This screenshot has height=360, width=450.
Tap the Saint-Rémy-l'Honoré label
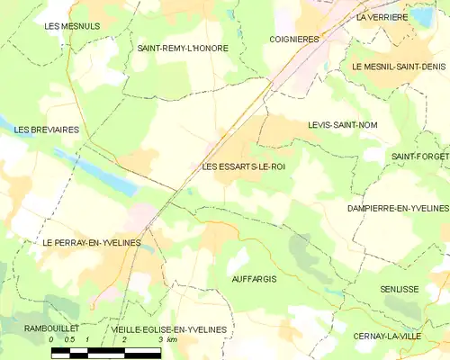184,48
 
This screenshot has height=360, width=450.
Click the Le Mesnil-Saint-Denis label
399,67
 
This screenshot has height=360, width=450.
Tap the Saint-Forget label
419,157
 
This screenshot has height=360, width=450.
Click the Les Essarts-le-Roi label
244,166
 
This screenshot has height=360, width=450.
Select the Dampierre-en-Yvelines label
397,208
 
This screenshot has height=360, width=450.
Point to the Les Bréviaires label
47,130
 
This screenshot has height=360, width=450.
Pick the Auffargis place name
254,279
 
